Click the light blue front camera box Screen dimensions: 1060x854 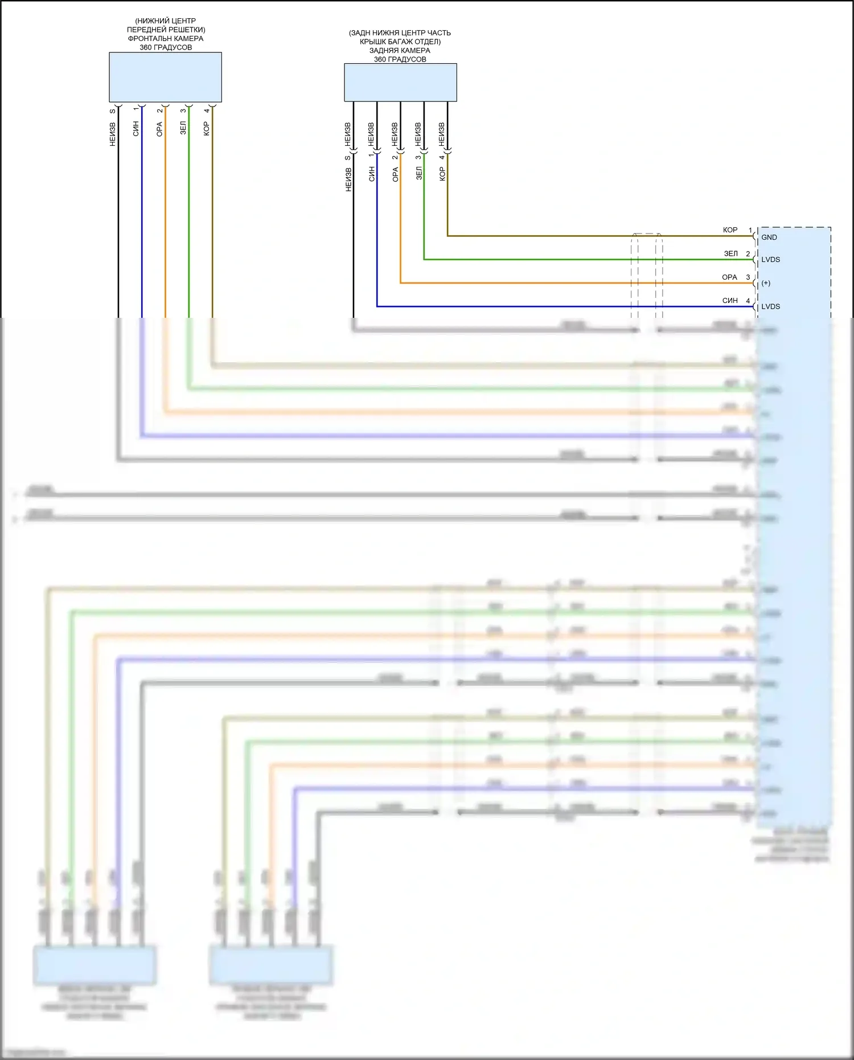point(165,77)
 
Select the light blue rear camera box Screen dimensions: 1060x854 point(400,82)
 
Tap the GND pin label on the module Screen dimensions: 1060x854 point(769,238)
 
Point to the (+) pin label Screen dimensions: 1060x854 point(766,283)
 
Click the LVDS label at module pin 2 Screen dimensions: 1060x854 point(771,260)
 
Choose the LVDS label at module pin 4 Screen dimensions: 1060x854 point(771,306)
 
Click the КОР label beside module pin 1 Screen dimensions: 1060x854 point(730,230)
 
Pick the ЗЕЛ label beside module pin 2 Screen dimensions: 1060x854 point(730,254)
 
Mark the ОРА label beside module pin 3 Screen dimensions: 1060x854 point(729,277)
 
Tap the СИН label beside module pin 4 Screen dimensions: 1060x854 point(730,301)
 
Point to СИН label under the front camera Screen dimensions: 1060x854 point(136,129)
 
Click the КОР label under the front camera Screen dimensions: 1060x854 point(207,129)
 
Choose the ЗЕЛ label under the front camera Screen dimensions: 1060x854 point(183,128)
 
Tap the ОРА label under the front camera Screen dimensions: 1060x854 point(159,129)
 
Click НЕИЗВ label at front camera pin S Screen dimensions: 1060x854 point(113,134)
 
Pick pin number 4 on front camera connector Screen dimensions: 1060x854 point(207,110)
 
